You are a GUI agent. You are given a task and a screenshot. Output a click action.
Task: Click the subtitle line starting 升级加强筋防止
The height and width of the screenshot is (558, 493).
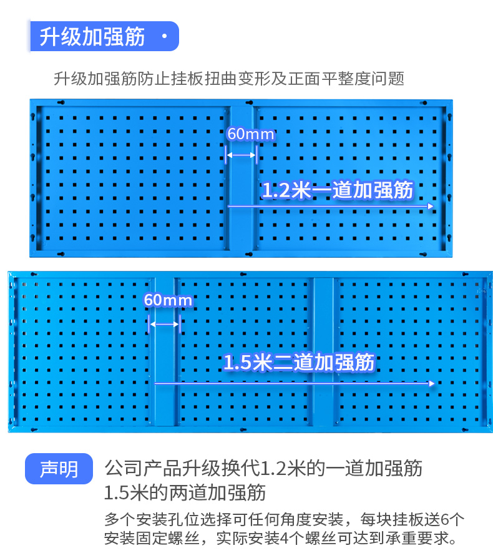click(x=229, y=79)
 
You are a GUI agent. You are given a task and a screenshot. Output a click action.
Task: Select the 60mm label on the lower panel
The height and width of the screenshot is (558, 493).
click(x=168, y=300)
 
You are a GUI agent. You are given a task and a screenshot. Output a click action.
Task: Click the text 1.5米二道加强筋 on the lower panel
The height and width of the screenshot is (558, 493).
click(x=299, y=363)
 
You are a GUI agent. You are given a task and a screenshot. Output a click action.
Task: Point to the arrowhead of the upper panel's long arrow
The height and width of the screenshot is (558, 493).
click(x=430, y=205)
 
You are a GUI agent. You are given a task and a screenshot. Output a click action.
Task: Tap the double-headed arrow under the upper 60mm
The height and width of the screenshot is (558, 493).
click(x=241, y=155)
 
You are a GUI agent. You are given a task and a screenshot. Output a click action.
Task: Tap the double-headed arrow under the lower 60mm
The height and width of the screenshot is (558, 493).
click(x=164, y=323)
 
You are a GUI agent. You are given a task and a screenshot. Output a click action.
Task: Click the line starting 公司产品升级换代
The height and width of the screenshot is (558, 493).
click(x=263, y=467)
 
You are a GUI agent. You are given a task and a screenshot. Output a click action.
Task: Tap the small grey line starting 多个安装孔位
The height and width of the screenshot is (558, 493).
click(x=285, y=519)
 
